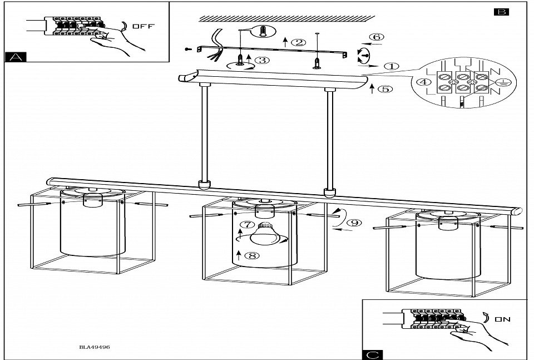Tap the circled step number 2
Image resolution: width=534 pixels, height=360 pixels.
click(x=299, y=42)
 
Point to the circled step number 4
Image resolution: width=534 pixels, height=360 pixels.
click(x=424, y=82)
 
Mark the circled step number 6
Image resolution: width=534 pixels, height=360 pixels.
click(x=377, y=37)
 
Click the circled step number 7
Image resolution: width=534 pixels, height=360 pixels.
click(x=245, y=225)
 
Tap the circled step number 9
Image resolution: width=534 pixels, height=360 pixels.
click(x=352, y=223)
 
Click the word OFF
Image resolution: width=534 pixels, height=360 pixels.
click(x=144, y=26)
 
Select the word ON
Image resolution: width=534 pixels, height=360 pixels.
click(x=502, y=319)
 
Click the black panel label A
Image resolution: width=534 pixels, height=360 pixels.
click(x=16, y=56)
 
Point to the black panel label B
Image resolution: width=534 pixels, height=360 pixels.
click(x=501, y=12)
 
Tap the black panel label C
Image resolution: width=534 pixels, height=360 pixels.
click(x=371, y=354)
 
